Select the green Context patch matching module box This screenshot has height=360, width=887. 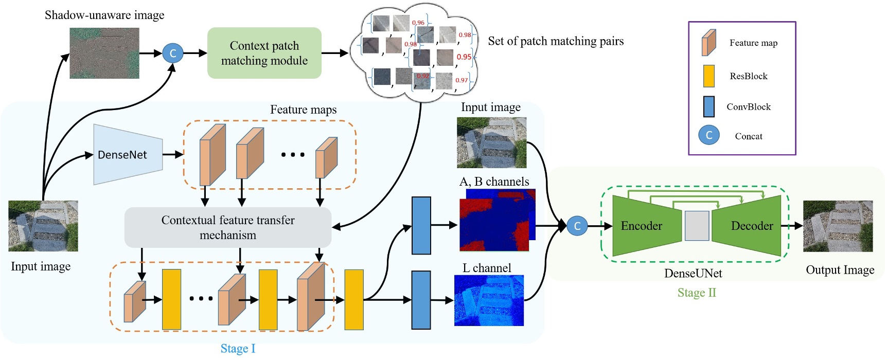coord(264,53)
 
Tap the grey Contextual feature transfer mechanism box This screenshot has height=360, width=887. coord(227,227)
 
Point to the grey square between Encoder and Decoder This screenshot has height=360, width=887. coord(697,226)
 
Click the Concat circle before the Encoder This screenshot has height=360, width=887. coord(577,226)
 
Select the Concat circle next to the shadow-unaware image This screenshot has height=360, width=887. coord(172,53)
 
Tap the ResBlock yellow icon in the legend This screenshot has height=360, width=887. coord(708,76)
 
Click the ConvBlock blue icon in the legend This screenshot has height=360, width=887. coord(708,106)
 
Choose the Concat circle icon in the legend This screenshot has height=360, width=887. coord(708,135)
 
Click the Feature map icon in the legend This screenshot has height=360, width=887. coord(708,43)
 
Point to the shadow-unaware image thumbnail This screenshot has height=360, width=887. coord(104,53)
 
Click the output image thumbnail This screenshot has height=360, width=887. coord(838,226)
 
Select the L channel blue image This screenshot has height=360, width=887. coord(489,300)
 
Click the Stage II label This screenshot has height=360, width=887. coord(696,293)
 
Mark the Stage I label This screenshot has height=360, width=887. coord(238,349)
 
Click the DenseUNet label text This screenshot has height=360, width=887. coord(693,273)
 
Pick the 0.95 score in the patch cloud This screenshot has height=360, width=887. coord(464,57)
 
